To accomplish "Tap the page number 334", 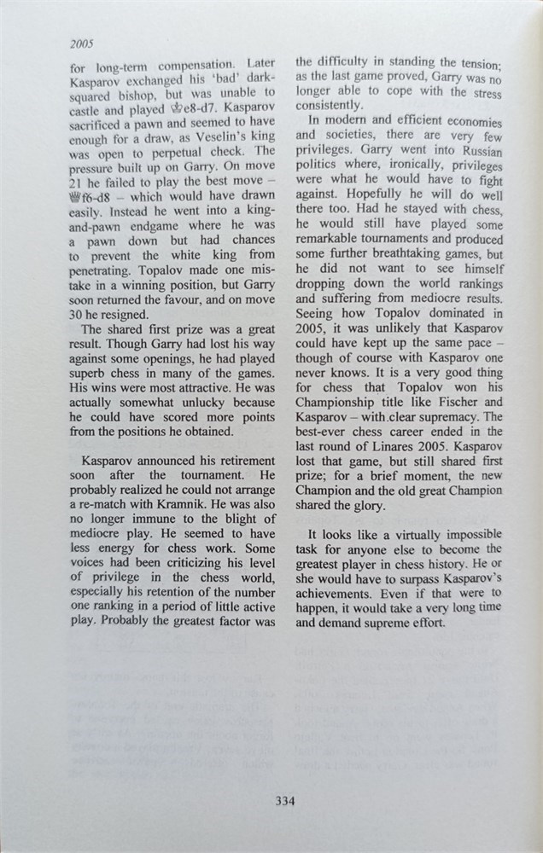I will (x=284, y=800).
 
